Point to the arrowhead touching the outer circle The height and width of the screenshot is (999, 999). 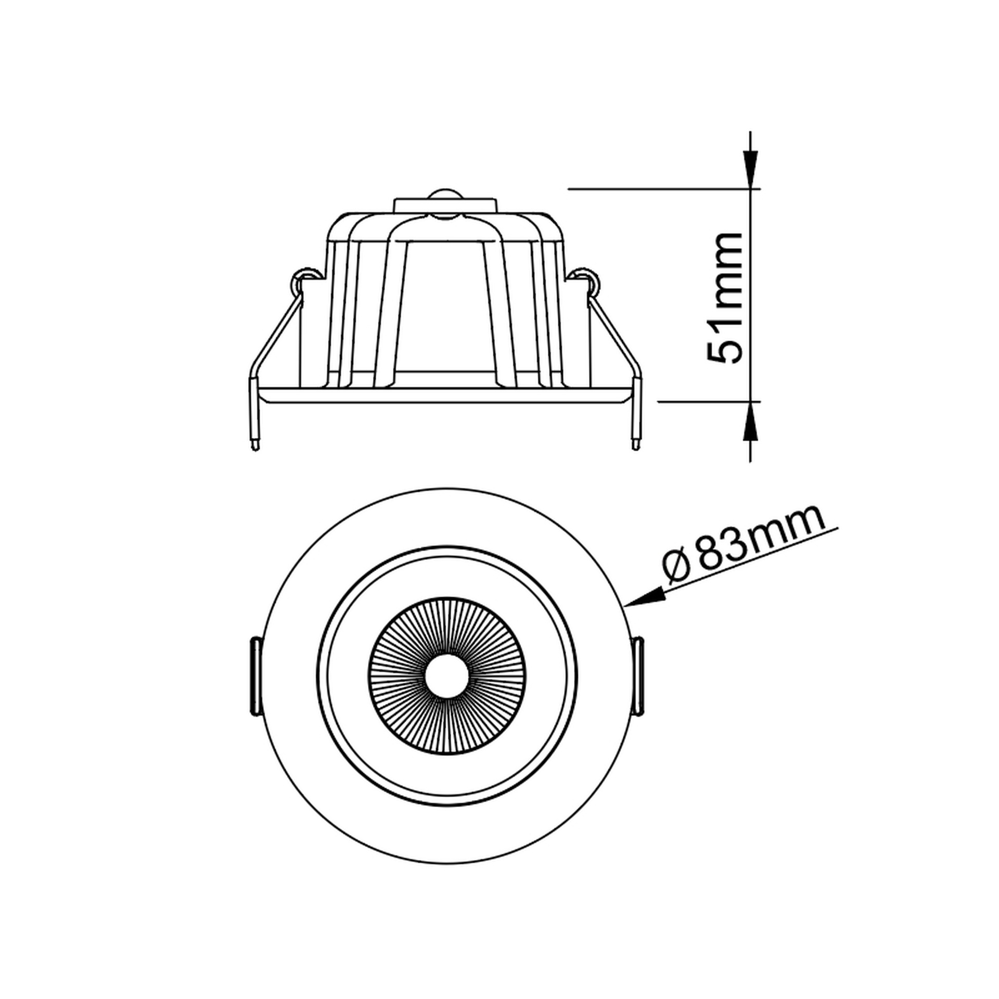645,597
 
